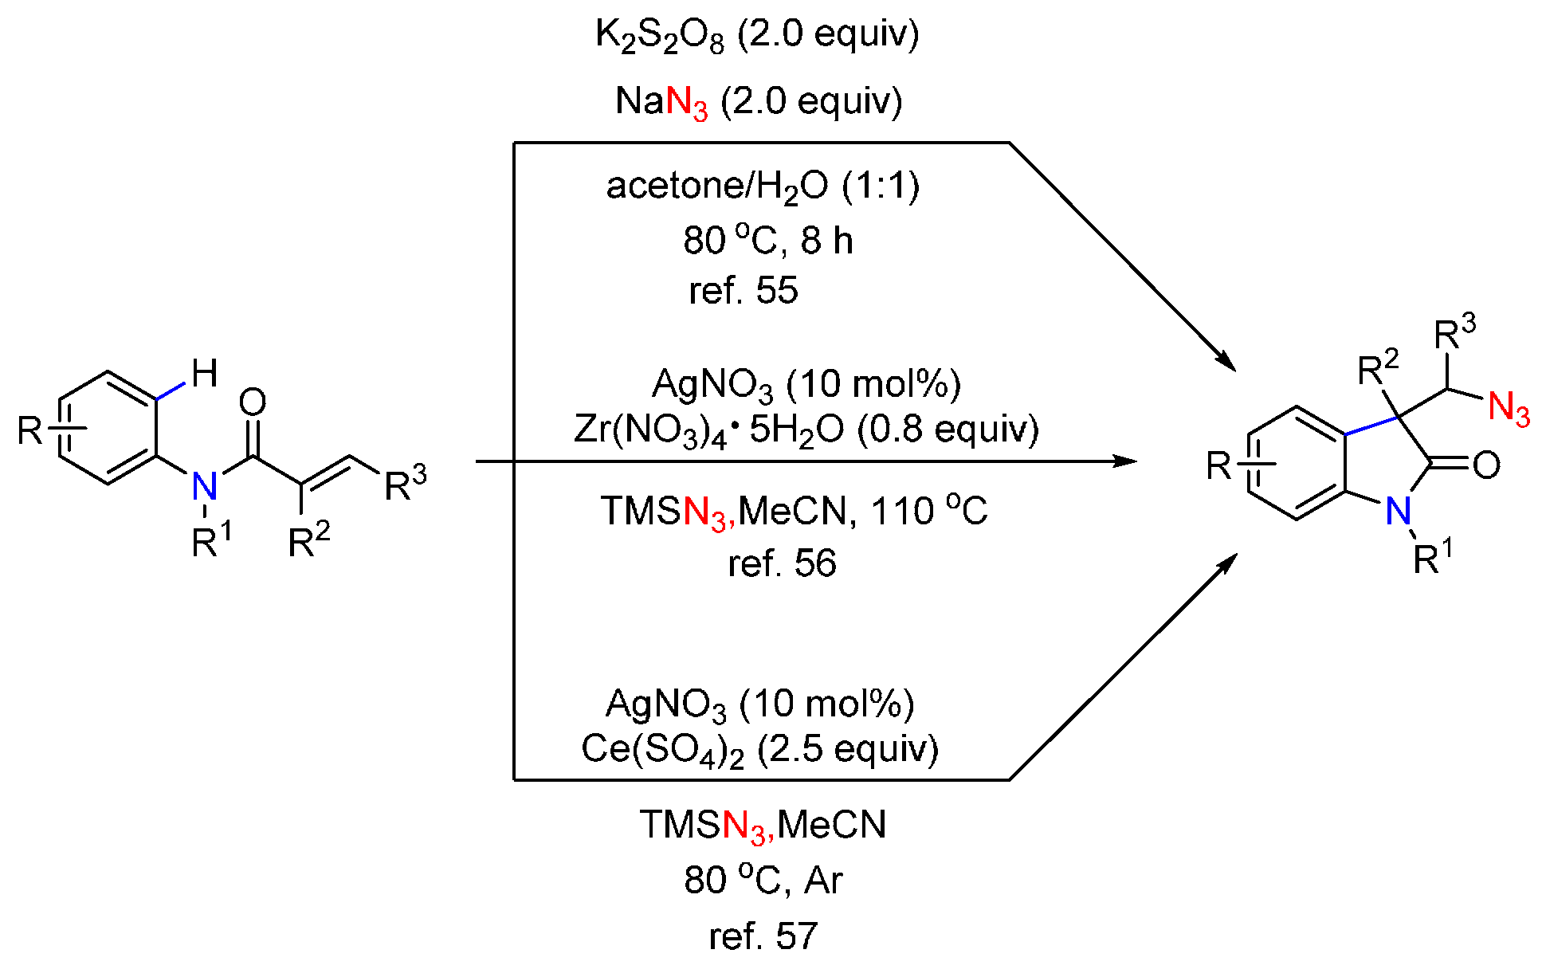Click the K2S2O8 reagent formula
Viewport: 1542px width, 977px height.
tap(660, 36)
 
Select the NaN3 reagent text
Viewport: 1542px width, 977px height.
tap(661, 102)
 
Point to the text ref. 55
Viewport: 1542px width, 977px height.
tap(743, 291)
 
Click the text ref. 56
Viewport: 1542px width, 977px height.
tap(782, 563)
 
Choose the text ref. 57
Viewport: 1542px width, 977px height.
tap(763, 936)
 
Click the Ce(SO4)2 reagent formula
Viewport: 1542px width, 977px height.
tap(661, 750)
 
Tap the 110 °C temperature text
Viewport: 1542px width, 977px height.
tap(929, 511)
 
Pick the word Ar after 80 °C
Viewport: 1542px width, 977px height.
tap(824, 881)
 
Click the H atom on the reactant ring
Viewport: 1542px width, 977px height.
tap(205, 373)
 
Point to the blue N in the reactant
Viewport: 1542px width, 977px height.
tap(205, 485)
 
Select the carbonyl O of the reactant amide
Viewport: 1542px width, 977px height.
tap(253, 402)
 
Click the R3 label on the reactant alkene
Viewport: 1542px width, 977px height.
tap(405, 484)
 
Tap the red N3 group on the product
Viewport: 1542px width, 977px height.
tap(1509, 409)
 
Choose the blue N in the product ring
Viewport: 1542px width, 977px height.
tap(1398, 511)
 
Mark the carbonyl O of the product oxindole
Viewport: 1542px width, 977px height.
tap(1486, 465)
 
